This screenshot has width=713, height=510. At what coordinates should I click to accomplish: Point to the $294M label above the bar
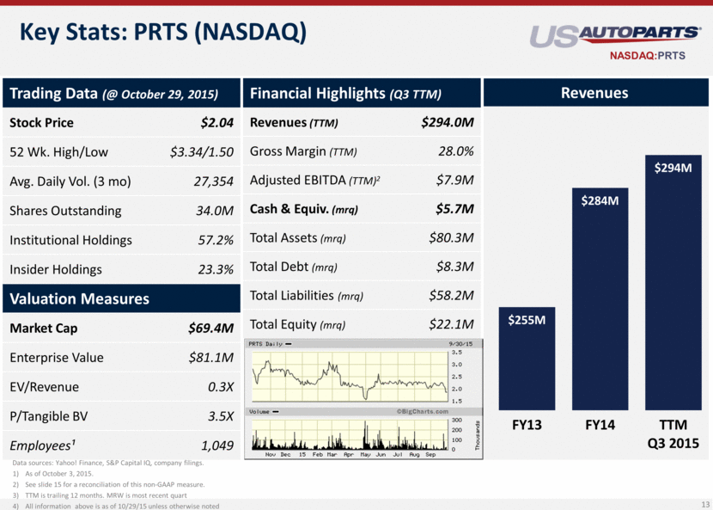672,168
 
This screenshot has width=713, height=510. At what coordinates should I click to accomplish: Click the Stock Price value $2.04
217,122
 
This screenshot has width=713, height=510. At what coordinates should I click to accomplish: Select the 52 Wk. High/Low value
202,152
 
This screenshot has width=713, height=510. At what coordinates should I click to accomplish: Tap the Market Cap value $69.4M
211,328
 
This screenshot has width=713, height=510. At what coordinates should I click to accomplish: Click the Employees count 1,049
217,445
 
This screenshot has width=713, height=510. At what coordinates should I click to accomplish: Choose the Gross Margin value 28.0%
455,151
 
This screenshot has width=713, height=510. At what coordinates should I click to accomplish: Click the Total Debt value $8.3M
455,267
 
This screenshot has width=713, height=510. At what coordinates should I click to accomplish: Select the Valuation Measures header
80,298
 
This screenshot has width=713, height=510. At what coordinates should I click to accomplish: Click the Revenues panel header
594,93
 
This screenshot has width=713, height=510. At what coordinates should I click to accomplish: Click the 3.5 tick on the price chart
456,353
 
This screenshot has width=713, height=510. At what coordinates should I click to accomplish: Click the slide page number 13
702,504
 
